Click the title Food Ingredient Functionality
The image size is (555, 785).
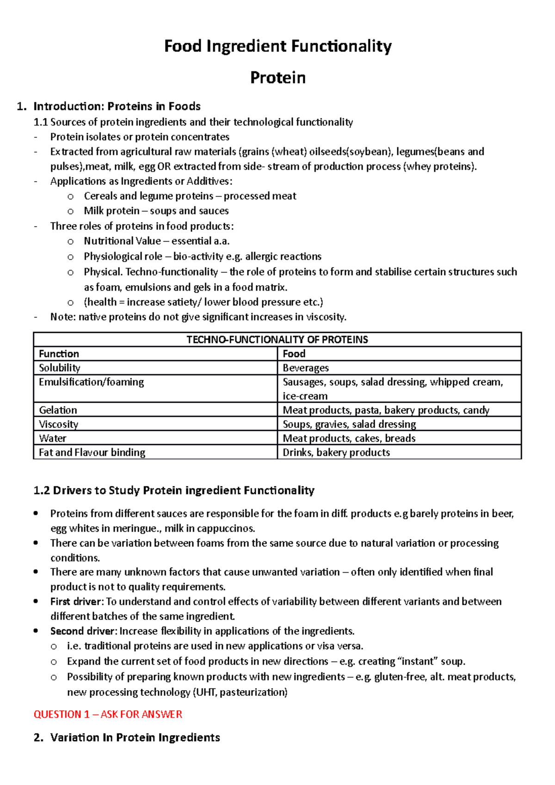(277, 46)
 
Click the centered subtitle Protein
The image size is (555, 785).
(277, 77)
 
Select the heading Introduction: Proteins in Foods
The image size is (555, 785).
(117, 106)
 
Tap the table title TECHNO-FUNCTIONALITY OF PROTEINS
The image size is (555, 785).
(277, 339)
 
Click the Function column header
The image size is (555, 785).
(59, 354)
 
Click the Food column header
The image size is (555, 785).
(294, 354)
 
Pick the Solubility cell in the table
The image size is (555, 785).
(59, 368)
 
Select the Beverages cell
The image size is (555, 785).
(306, 368)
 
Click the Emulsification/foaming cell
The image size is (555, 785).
(91, 382)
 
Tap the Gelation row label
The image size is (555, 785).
(58, 410)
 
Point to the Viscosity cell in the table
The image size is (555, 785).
(58, 424)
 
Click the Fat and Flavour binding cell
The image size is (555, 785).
(92, 452)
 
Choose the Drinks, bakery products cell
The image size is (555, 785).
(336, 452)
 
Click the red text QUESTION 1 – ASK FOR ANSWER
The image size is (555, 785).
(108, 714)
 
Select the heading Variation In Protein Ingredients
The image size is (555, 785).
(135, 737)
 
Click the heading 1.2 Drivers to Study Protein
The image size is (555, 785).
(174, 491)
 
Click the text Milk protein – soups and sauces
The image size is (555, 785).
(156, 211)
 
